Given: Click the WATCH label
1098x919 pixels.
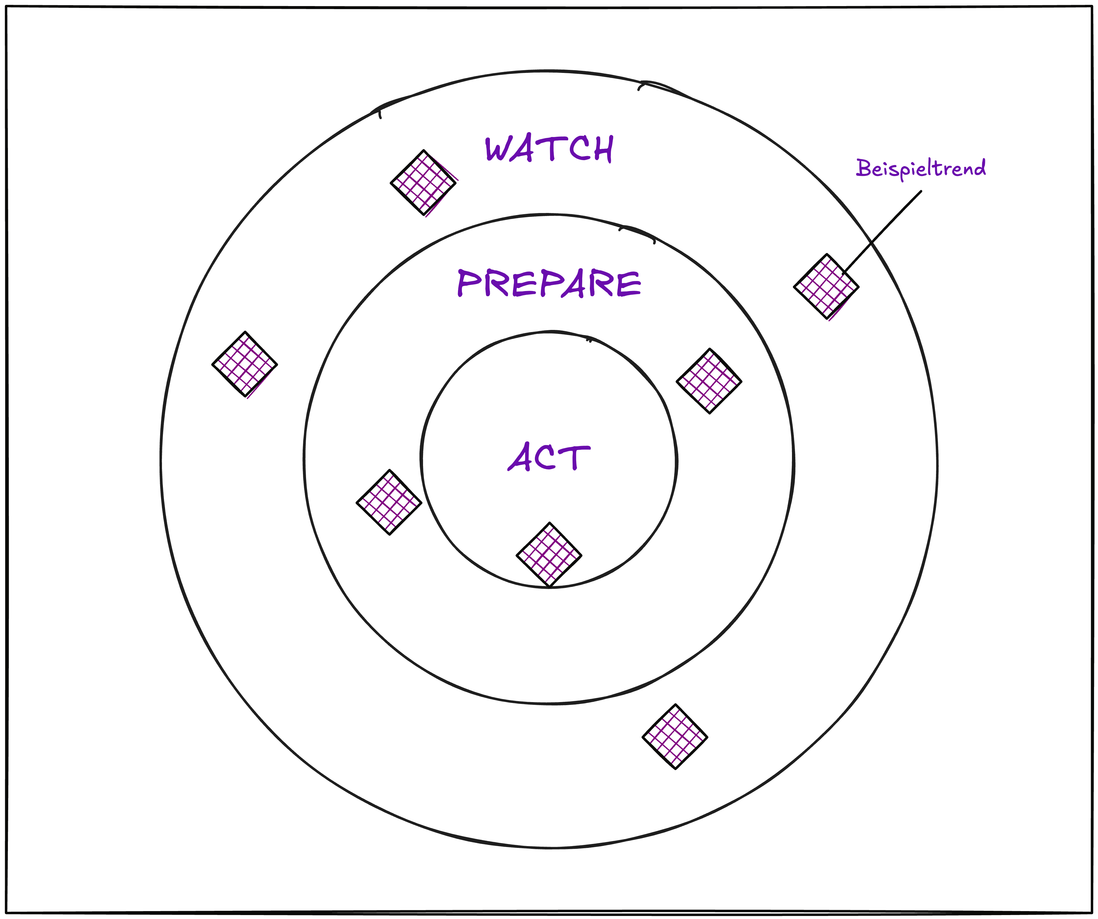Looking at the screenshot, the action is tap(549, 149).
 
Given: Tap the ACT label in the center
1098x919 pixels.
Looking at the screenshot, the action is tap(549, 456).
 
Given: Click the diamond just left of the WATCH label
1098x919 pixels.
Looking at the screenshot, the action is tap(424, 183).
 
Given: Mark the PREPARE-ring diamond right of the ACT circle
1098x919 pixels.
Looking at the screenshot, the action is tap(709, 381).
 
